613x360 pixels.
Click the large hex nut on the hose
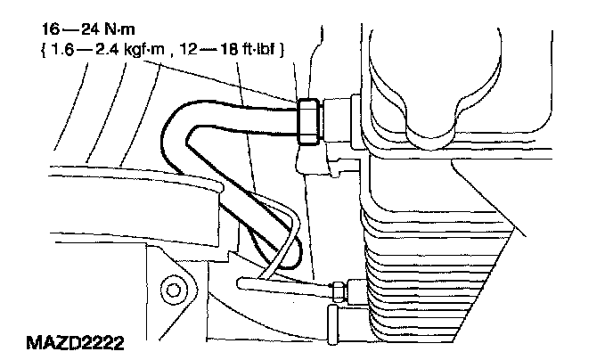(309, 120)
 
